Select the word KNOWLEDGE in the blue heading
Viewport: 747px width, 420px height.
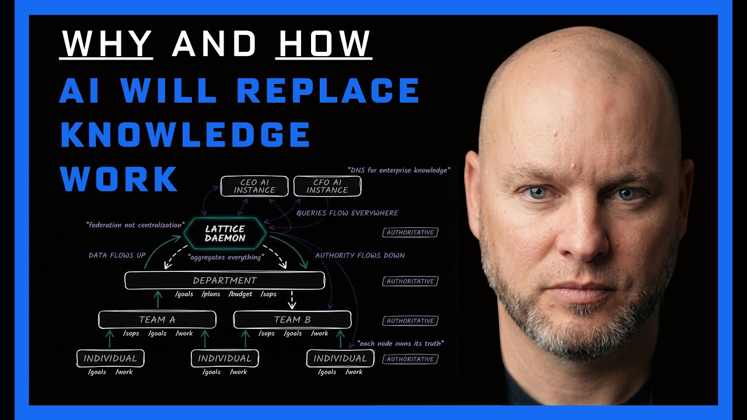tap(185, 135)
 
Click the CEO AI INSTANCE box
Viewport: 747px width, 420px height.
tap(254, 187)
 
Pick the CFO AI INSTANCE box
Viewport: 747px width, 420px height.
tap(327, 187)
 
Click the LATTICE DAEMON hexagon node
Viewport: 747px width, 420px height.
tap(225, 233)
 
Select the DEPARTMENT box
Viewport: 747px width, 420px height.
tap(225, 281)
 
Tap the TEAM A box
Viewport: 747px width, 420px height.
tap(157, 320)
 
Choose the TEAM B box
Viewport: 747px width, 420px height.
tap(292, 320)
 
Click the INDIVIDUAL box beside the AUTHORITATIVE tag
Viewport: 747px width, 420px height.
tap(340, 358)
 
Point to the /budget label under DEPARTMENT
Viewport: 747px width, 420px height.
tap(240, 294)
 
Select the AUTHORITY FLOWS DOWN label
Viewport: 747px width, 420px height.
tap(359, 256)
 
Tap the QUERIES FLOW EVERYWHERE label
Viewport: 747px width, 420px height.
tap(347, 213)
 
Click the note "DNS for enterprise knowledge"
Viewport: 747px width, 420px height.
tap(399, 170)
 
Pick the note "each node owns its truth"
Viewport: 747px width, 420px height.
tap(400, 343)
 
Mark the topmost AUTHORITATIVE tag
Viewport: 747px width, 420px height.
tap(410, 233)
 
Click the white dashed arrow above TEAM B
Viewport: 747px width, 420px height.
tap(292, 300)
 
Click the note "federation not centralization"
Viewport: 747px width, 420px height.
tap(135, 225)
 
